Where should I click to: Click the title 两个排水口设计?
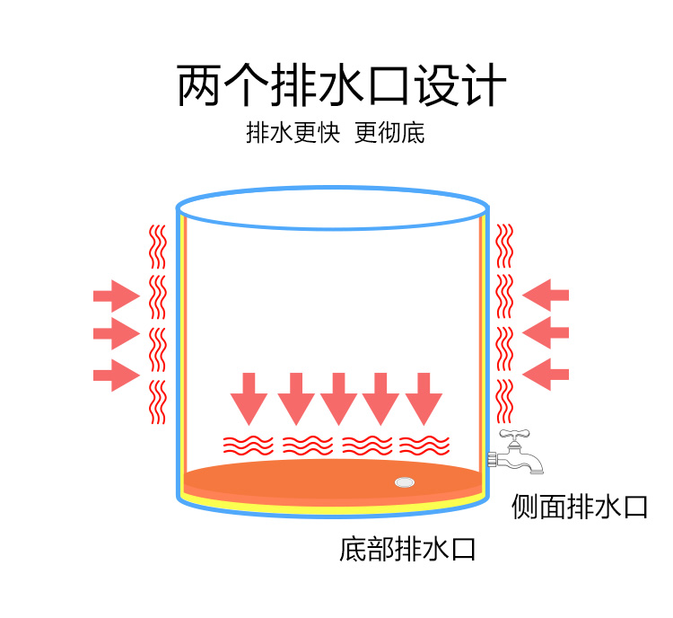342,86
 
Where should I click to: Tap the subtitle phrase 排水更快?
293,133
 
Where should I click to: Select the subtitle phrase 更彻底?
389,133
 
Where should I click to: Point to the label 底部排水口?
407,548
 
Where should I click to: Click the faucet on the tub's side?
518,452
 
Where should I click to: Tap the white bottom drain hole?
405,482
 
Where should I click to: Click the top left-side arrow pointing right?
116,294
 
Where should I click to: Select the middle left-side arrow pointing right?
116,334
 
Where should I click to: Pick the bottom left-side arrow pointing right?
116,374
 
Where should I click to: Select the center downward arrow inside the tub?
338,398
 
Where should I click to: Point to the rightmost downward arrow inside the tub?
424,398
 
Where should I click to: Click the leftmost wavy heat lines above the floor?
248,445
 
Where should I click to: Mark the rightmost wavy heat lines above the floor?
424,445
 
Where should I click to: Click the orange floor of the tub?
305,481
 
